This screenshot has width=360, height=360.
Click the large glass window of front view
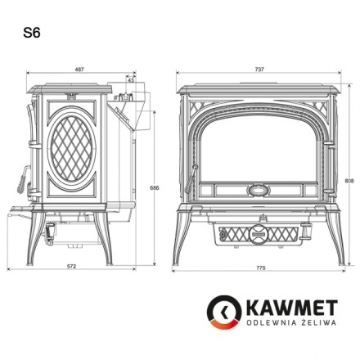click(x=259, y=147)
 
